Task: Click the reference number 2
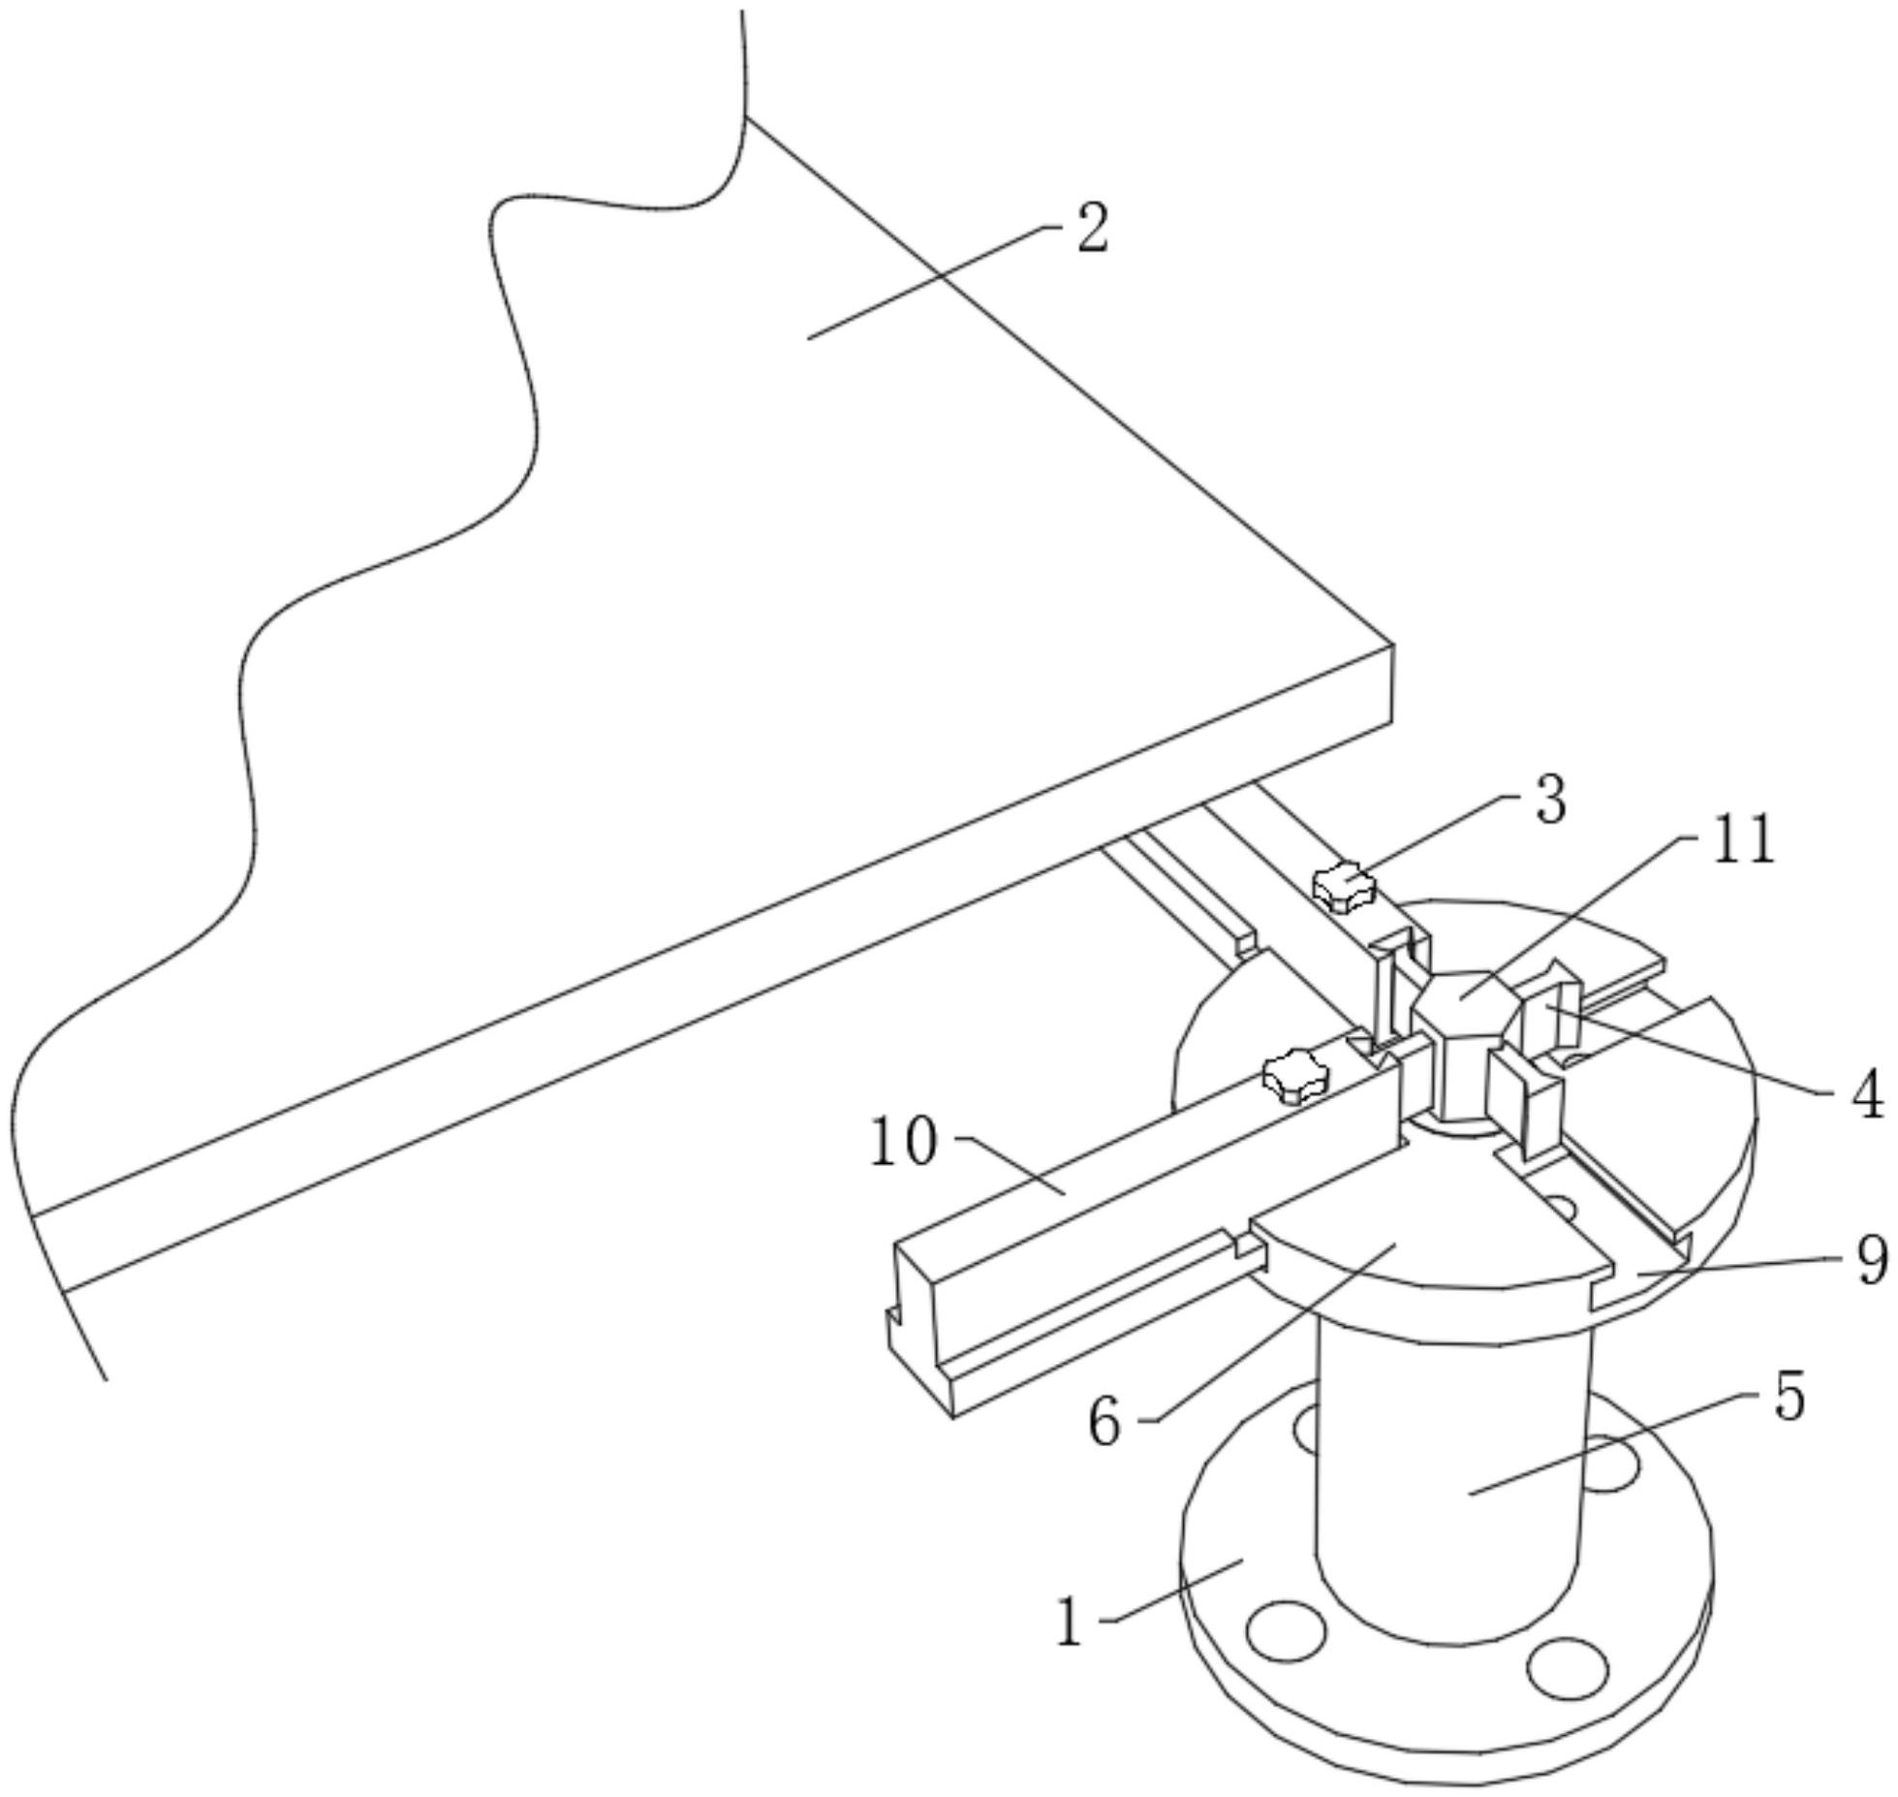click(x=1093, y=229)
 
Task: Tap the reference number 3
click(x=1550, y=801)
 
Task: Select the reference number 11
click(x=1744, y=839)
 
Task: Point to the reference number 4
click(x=1865, y=1095)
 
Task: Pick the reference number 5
click(x=1789, y=1398)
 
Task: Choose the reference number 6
click(x=1105, y=1423)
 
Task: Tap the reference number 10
click(x=904, y=1141)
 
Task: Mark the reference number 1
click(x=1069, y=1623)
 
